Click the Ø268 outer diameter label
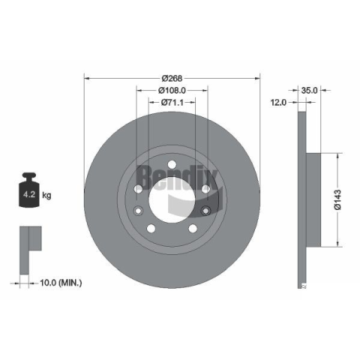tap(172, 79)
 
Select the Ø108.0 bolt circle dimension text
tap(172, 90)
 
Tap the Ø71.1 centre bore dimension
tap(172, 102)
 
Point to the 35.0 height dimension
tap(309, 90)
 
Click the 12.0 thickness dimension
tap(278, 102)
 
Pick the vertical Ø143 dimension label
tap(337, 199)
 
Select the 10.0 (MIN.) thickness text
tap(61, 283)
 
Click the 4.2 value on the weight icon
tap(29, 194)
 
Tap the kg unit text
tap(46, 195)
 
